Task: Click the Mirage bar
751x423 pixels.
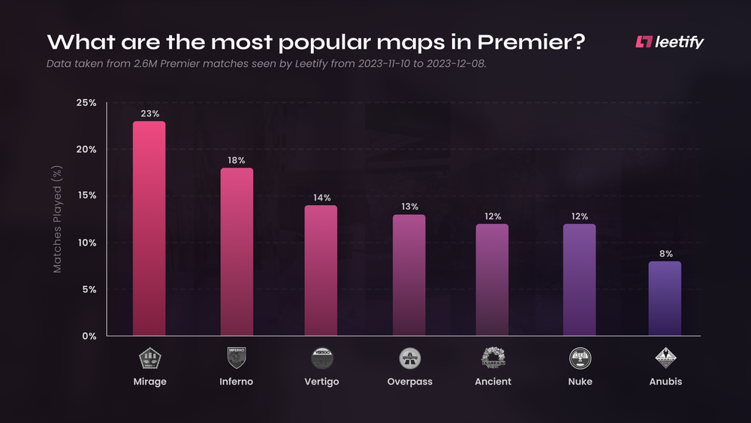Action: pyautogui.click(x=149, y=228)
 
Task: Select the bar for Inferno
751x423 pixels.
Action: pyautogui.click(x=236, y=252)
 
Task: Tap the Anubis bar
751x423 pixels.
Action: pyautogui.click(x=665, y=298)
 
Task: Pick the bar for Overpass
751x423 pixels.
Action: pyautogui.click(x=409, y=275)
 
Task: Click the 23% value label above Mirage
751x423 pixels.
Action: pyautogui.click(x=149, y=113)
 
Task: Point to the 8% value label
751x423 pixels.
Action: pyautogui.click(x=665, y=254)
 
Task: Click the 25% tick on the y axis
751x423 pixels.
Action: pyautogui.click(x=86, y=103)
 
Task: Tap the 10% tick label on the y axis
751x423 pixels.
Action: pyautogui.click(x=86, y=243)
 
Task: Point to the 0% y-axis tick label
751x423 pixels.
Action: pyautogui.click(x=89, y=336)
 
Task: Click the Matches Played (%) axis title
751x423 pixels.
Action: pyautogui.click(x=56, y=219)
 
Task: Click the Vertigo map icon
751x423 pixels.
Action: pyautogui.click(x=322, y=358)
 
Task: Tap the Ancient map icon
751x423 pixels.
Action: pyautogui.click(x=493, y=358)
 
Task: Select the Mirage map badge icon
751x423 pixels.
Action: pyautogui.click(x=149, y=358)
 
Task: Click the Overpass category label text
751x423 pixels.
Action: pyautogui.click(x=409, y=382)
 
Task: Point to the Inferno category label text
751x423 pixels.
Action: pyautogui.click(x=236, y=382)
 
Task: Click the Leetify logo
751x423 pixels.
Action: pyautogui.click(x=669, y=42)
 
